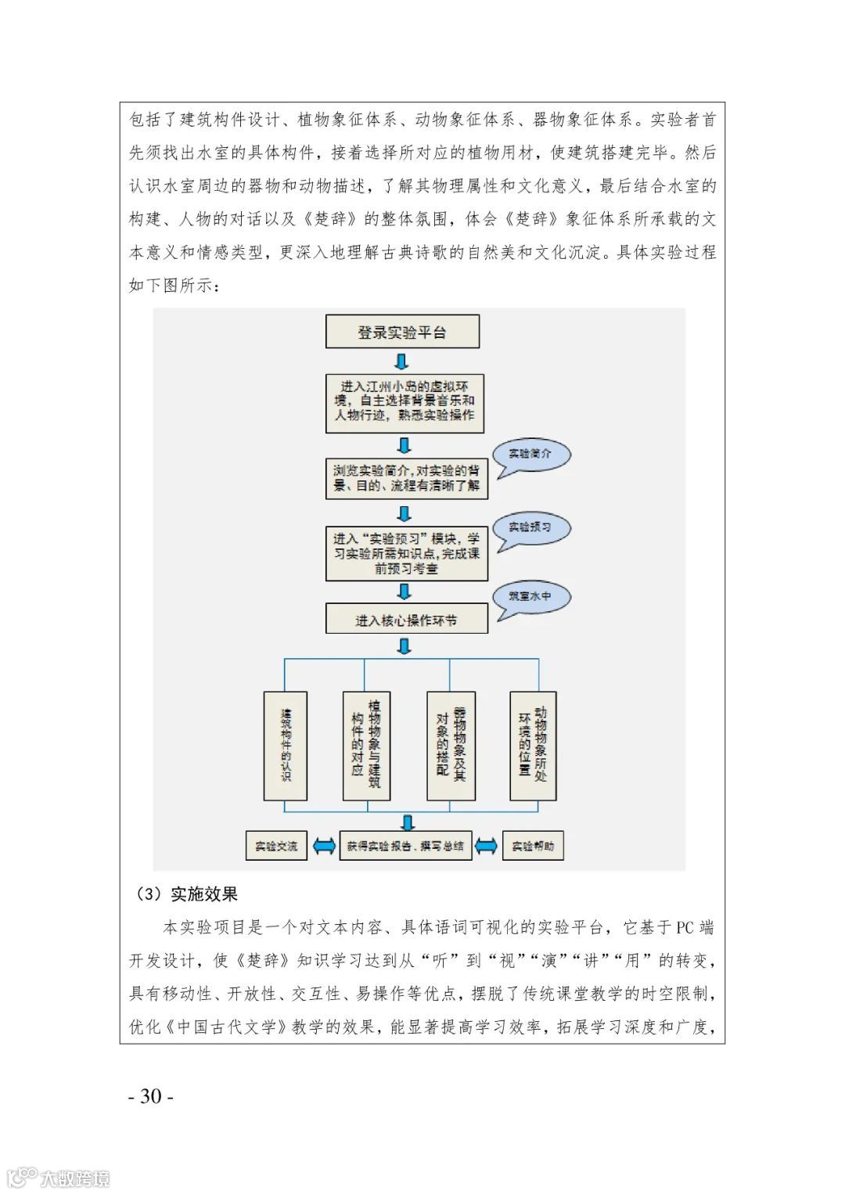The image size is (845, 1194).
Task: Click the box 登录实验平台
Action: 402,332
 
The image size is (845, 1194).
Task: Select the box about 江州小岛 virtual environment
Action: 405,403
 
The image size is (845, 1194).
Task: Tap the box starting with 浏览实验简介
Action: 406,478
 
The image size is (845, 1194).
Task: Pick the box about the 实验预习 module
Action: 406,553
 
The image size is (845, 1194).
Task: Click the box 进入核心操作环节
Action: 406,620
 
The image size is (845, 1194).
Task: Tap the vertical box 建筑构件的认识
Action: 286,746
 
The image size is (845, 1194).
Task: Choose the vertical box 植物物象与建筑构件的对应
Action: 366,746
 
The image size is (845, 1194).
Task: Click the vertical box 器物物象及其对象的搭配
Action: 451,746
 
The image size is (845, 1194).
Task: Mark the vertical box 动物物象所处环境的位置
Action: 533,746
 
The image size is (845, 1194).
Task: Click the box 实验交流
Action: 276,846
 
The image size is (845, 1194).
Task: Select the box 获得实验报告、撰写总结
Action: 405,846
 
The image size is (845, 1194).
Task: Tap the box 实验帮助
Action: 533,846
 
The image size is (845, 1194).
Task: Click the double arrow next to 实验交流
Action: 323,846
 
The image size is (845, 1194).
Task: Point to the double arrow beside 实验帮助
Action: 487,846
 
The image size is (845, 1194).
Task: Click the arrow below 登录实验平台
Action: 401,361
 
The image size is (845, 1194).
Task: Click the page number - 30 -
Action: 151,1096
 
